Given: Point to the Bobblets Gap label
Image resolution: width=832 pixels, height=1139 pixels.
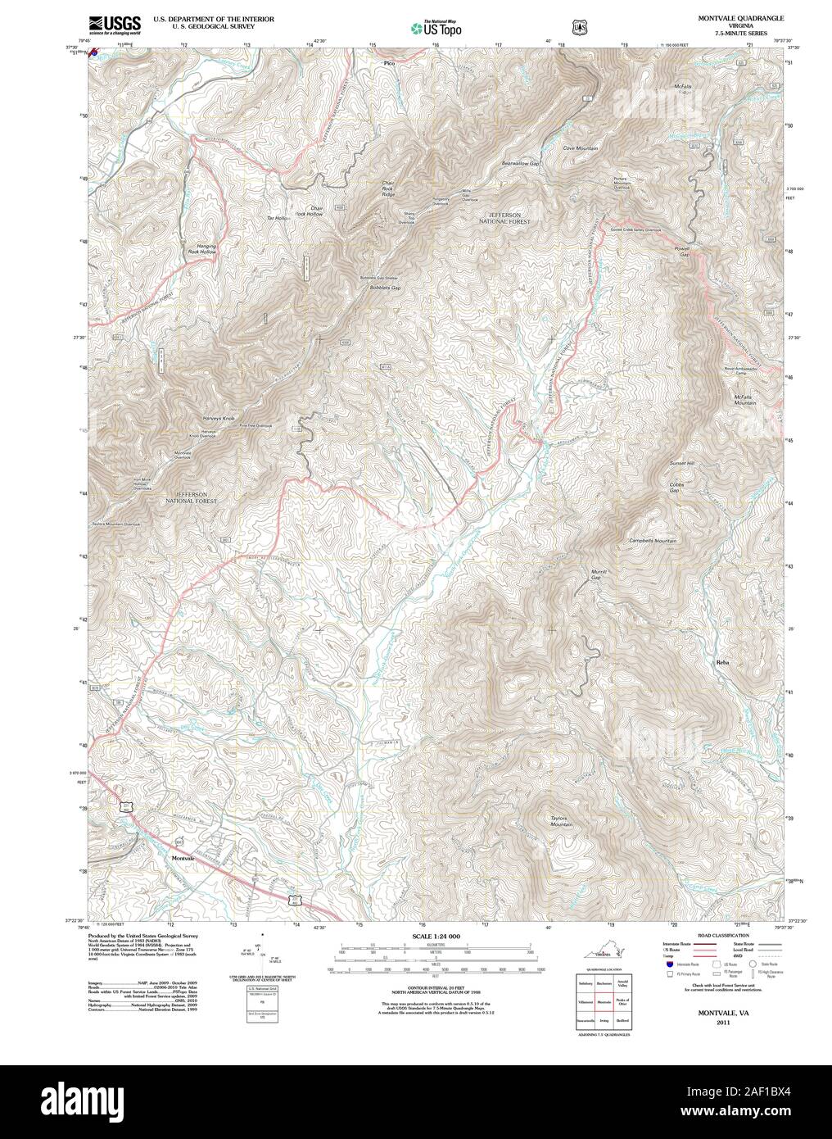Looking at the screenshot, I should (x=384, y=288).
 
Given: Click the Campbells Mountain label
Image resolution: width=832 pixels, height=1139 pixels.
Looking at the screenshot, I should (x=652, y=542).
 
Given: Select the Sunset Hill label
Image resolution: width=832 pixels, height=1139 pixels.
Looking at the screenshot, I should (x=683, y=464).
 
